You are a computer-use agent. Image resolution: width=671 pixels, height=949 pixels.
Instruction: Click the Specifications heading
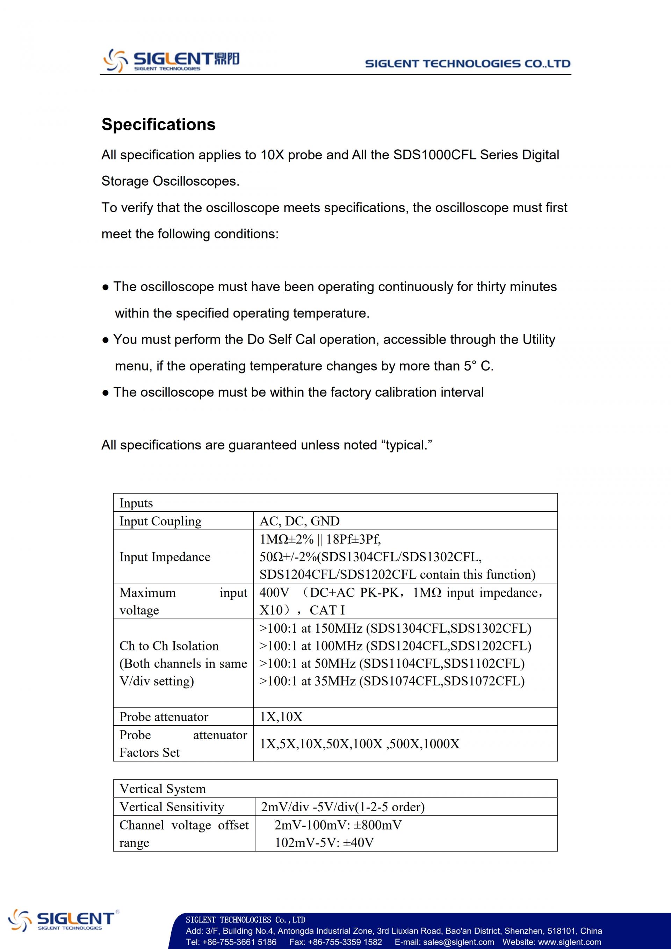(x=158, y=124)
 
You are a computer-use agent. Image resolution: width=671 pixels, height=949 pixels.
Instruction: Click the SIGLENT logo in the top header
(x=171, y=60)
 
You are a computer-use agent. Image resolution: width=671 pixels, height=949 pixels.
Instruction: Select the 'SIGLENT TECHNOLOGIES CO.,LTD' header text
(x=467, y=64)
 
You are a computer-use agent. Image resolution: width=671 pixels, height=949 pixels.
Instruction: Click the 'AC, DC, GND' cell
(x=299, y=521)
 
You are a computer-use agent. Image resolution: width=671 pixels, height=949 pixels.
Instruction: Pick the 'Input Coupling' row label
(x=160, y=521)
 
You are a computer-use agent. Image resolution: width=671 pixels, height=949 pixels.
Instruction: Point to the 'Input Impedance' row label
(x=165, y=557)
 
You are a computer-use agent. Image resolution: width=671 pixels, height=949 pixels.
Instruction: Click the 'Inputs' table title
(x=136, y=503)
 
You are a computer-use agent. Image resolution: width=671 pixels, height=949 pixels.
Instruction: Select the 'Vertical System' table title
(x=163, y=789)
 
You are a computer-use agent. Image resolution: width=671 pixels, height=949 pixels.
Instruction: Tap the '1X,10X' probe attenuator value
(x=281, y=717)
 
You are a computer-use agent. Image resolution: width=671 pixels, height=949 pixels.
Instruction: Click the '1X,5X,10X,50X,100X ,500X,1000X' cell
(x=359, y=743)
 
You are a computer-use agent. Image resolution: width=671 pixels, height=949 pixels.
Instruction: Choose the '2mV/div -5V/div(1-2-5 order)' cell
(x=342, y=807)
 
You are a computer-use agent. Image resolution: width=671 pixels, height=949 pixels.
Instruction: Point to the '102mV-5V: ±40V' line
(x=324, y=842)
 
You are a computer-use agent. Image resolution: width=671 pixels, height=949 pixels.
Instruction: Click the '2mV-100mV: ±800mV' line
(x=338, y=825)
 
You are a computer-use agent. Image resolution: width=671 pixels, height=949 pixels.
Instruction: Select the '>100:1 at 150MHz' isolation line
(x=395, y=628)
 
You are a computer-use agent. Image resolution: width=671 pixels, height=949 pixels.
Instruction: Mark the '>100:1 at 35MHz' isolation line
(x=391, y=681)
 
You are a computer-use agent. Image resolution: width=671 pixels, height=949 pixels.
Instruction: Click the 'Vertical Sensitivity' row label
(x=172, y=807)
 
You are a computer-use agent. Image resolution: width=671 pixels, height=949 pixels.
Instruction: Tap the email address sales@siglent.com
(x=458, y=942)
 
